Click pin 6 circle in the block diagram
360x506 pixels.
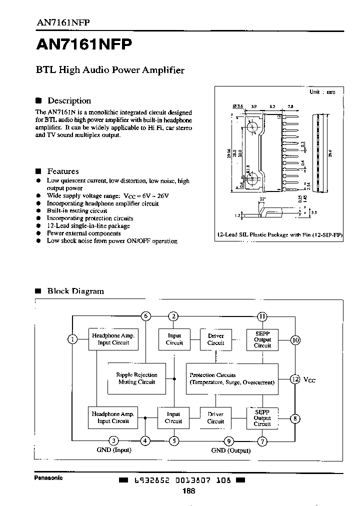tap(145, 316)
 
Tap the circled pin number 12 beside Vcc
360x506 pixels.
tap(295, 379)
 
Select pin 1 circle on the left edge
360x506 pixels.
tap(73, 339)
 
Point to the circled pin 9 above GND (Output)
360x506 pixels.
tap(229, 440)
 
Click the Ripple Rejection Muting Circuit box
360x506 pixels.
tap(136, 378)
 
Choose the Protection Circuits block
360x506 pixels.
tap(232, 378)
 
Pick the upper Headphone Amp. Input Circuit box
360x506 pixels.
tap(113, 339)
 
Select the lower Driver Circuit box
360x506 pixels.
tap(215, 418)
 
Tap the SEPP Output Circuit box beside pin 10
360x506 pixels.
tap(262, 339)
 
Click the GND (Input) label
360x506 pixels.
tap(114, 450)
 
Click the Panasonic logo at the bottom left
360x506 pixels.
tap(48, 477)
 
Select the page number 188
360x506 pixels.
tap(189, 491)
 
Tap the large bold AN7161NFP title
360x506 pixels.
tap(84, 45)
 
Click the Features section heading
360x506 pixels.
tap(62, 171)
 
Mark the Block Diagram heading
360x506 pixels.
tap(75, 291)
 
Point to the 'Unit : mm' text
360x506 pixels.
tap(322, 92)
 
